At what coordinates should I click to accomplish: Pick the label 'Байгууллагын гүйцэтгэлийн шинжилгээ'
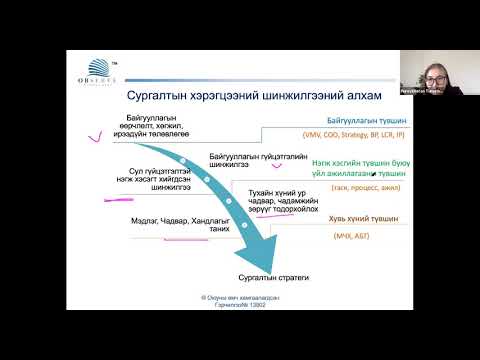(x=241, y=160)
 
